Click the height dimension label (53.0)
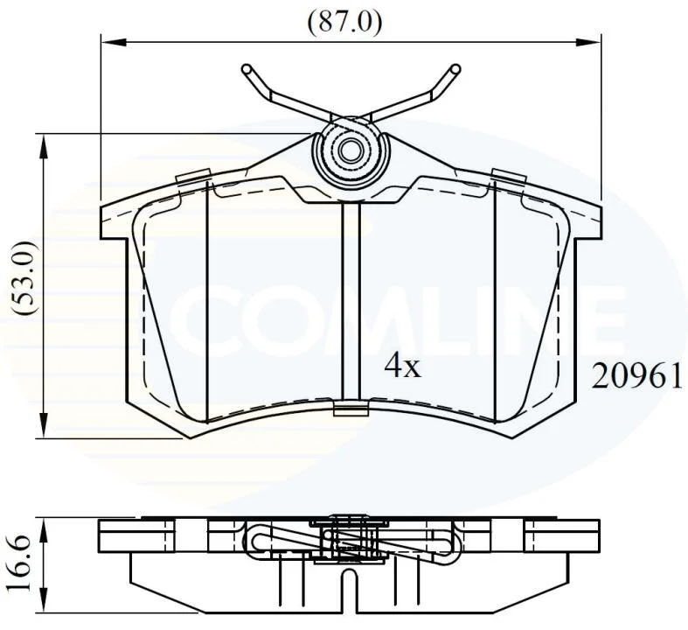click(x=24, y=278)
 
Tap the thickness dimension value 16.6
click(x=21, y=563)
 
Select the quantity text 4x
click(x=402, y=367)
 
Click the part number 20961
click(x=636, y=376)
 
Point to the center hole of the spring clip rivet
click(x=350, y=151)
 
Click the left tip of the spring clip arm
click(x=247, y=69)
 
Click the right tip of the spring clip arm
click(x=455, y=68)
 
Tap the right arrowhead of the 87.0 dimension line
click(x=587, y=42)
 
